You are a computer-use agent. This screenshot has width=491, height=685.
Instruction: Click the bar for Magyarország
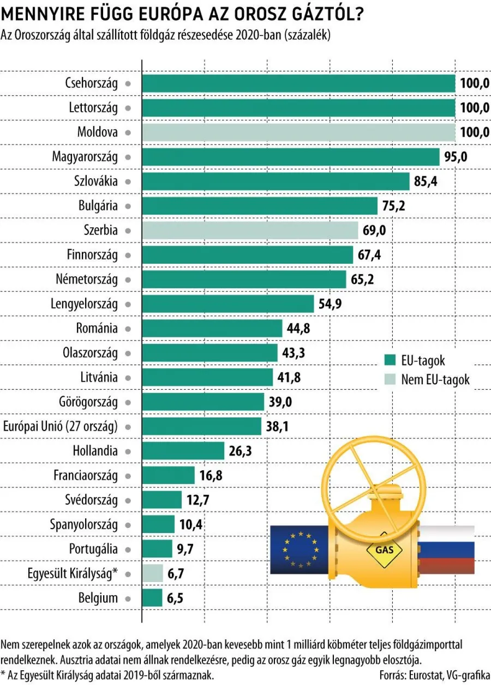coord(290,157)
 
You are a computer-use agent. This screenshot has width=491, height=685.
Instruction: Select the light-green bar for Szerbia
coord(250,230)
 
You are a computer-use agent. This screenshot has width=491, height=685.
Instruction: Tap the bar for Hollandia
coord(183,451)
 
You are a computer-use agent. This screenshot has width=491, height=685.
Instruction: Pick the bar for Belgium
coord(152,598)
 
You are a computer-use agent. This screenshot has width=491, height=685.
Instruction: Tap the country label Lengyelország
coord(84,304)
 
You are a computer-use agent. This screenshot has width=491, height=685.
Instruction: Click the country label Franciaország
coord(86,475)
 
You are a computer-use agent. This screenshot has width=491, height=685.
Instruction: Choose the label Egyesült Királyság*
coord(72,573)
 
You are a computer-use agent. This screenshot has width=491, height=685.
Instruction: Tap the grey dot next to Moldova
coord(127,132)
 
